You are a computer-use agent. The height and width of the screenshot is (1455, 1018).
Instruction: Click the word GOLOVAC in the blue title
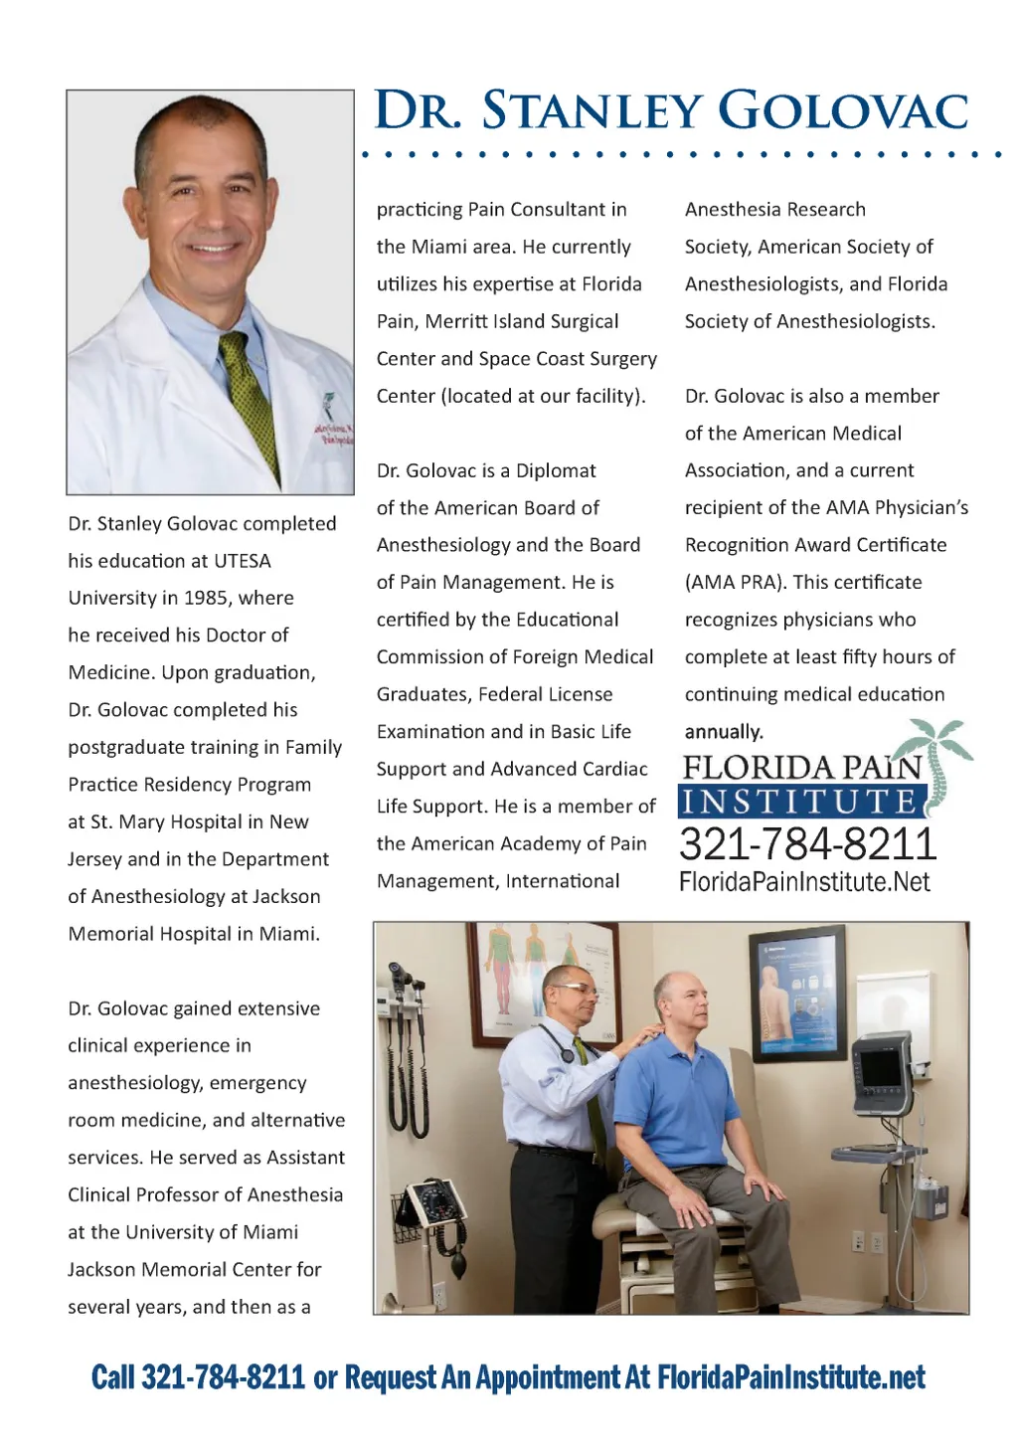pyautogui.click(x=843, y=110)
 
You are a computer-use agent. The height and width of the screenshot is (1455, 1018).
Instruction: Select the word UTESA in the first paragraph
pyautogui.click(x=241, y=561)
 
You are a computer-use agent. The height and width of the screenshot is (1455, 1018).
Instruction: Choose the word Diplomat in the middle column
pyautogui.click(x=556, y=470)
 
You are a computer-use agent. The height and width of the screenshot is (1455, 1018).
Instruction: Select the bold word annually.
pyautogui.click(x=724, y=732)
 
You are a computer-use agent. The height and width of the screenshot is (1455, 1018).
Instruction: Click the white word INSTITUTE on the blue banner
pyautogui.click(x=801, y=802)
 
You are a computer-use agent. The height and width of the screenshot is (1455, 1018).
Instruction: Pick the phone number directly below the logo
pyautogui.click(x=808, y=844)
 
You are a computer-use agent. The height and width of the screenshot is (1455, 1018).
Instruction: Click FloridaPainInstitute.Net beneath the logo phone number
pyautogui.click(x=804, y=882)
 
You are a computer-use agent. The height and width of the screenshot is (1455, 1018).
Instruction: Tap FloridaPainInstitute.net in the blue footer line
pyautogui.click(x=791, y=1377)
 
